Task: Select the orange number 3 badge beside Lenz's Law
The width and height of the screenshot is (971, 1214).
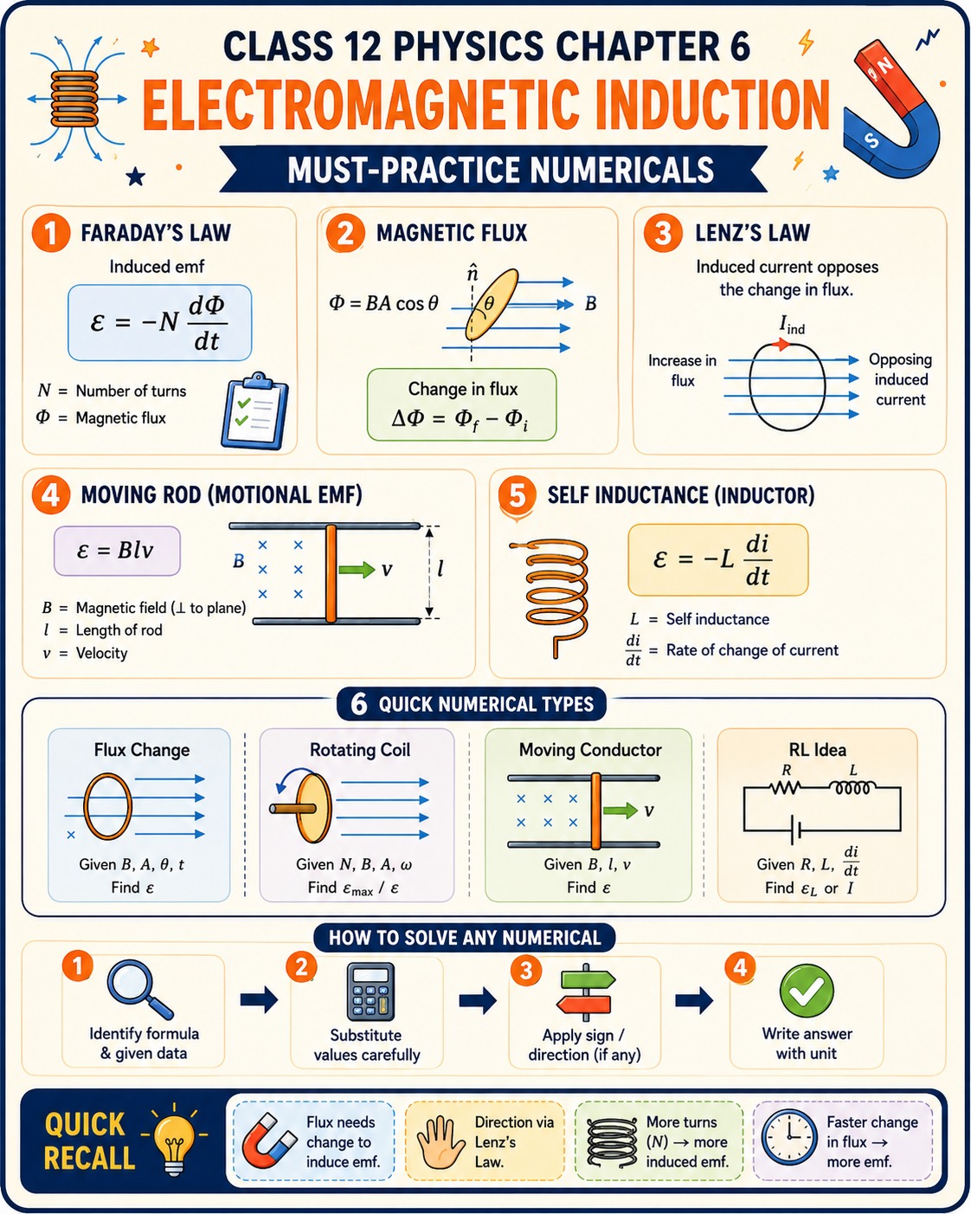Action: click(x=663, y=233)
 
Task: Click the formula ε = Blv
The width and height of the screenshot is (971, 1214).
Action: click(x=116, y=550)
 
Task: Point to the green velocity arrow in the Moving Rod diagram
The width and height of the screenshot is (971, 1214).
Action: click(x=357, y=569)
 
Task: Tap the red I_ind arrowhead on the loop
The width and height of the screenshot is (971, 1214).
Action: click(x=781, y=344)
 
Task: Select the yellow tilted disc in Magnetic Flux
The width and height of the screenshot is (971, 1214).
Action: click(x=492, y=305)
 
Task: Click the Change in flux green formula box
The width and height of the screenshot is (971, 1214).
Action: click(x=461, y=404)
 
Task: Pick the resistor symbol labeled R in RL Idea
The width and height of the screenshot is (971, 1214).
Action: click(x=786, y=787)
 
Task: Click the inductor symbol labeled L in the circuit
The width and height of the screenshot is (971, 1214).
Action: click(x=852, y=787)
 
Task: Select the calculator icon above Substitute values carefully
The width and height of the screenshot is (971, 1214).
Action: click(x=370, y=991)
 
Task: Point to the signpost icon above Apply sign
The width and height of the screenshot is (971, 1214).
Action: click(x=586, y=992)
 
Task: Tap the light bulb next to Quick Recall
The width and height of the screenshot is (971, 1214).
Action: click(x=174, y=1138)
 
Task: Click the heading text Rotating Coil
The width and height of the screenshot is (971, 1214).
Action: click(x=360, y=750)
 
